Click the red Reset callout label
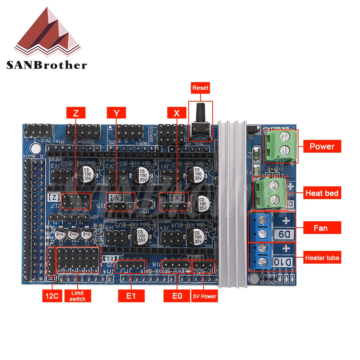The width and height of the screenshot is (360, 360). (x=200, y=88)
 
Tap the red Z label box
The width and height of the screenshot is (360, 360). (x=76, y=112)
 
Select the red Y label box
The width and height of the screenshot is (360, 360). (x=116, y=112)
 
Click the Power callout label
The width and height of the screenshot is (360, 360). (x=322, y=146)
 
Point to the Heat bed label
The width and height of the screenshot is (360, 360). (x=322, y=193)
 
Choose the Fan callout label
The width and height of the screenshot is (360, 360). (x=322, y=228)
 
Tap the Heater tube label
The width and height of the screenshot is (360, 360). (x=322, y=258)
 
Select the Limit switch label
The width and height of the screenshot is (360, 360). (x=77, y=296)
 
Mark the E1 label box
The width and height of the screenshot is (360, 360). (x=130, y=296)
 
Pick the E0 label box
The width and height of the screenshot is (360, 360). (x=177, y=296)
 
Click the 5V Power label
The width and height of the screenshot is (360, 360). (x=204, y=296)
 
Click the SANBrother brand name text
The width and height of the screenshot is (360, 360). (x=46, y=65)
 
